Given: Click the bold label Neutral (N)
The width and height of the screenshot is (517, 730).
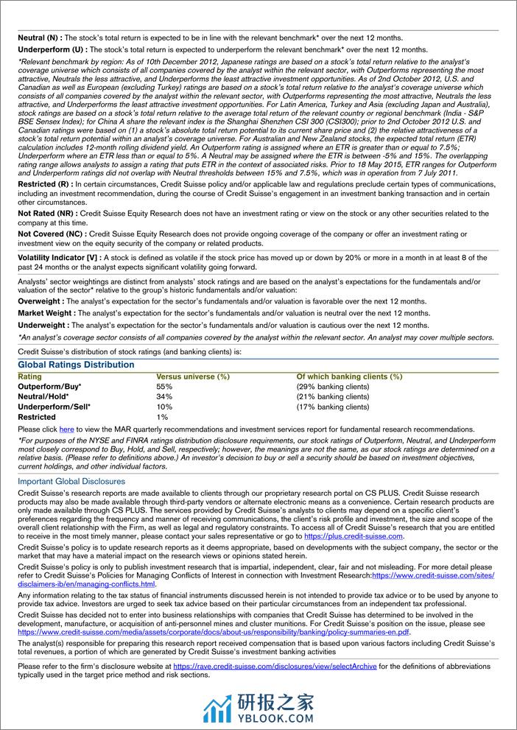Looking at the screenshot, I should tap(39, 37).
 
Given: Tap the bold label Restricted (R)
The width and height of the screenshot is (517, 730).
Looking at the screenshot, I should tap(43, 183).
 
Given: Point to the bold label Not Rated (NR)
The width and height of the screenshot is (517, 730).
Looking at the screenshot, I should tap(46, 214).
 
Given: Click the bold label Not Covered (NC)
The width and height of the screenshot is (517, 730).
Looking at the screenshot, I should tap(51, 234).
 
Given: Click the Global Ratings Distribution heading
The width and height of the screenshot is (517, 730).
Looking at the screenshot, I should tap(76, 365).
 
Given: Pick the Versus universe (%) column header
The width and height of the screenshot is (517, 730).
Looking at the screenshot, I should tap(193, 376).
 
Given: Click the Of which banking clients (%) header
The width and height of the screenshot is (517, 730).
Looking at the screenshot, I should tap(349, 376).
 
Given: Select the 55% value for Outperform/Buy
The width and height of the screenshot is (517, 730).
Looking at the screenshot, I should tap(164, 386).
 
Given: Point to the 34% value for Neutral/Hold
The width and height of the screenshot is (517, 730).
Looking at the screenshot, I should tap(164, 396).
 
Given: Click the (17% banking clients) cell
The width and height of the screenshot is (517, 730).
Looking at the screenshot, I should tap(332, 407).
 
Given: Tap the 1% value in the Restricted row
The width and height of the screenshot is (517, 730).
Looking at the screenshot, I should tap(162, 417).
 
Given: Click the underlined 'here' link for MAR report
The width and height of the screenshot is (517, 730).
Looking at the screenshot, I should tap(66, 429).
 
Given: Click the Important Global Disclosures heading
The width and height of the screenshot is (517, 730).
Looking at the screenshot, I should tap(71, 482).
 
